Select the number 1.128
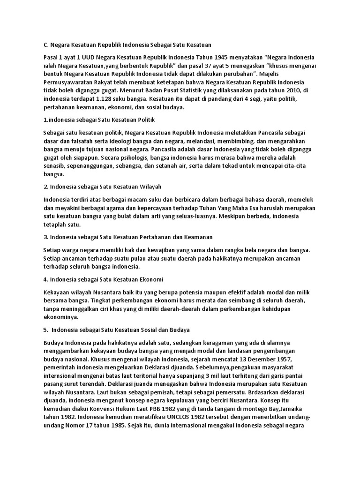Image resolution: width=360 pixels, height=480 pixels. point(104,99)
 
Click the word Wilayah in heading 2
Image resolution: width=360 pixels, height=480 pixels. point(148,186)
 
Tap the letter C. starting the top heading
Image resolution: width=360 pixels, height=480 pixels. point(46,45)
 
